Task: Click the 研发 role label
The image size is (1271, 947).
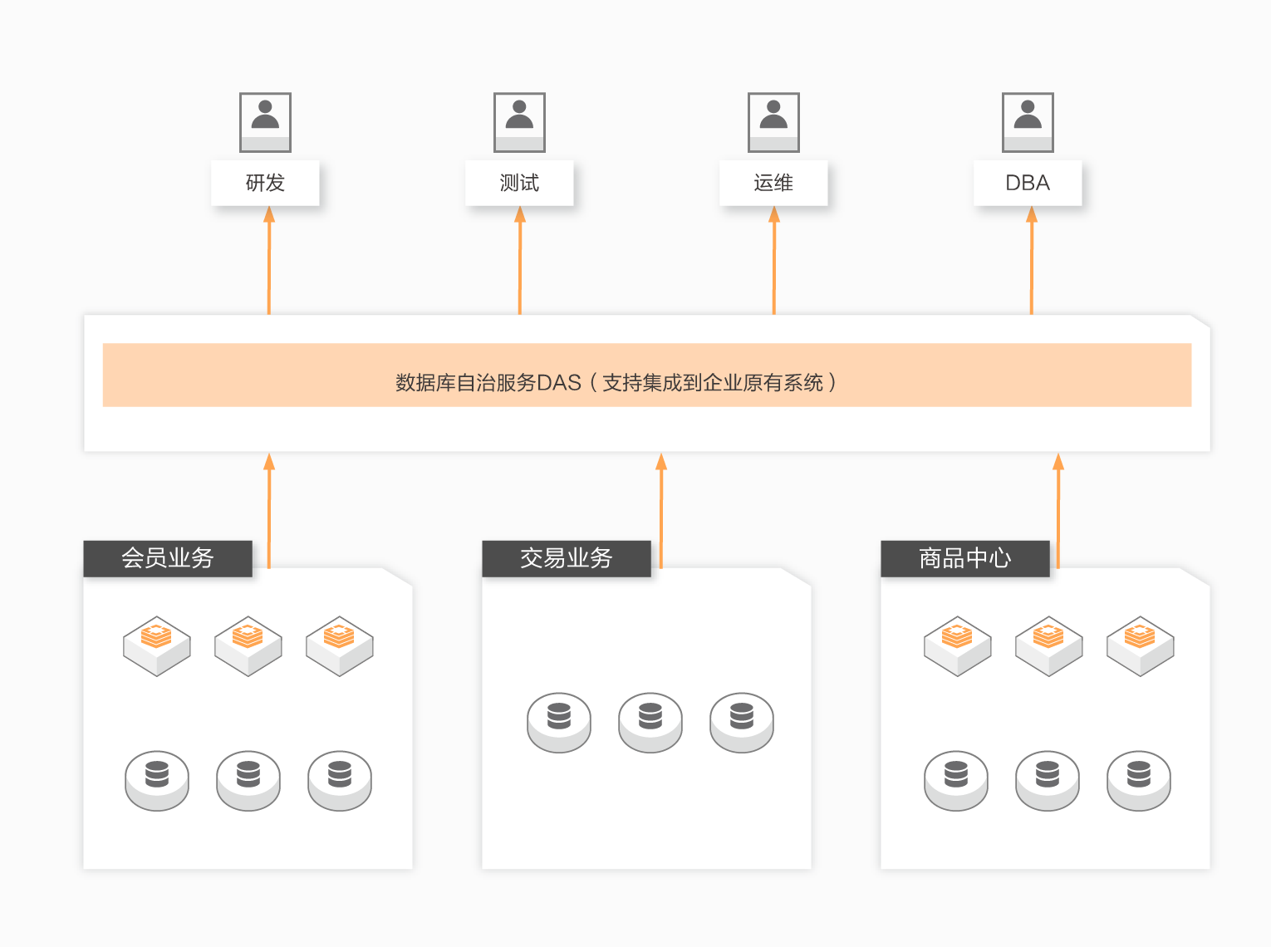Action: [x=265, y=183]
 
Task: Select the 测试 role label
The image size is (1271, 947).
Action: [x=519, y=183]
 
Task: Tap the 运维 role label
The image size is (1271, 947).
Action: [x=773, y=183]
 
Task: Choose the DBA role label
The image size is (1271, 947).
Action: [x=1028, y=183]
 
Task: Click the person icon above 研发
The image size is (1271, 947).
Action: [x=265, y=122]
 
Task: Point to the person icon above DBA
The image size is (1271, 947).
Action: [x=1028, y=122]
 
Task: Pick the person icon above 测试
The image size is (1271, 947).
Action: [x=519, y=122]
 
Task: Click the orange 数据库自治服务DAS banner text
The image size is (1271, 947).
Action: [x=615, y=382]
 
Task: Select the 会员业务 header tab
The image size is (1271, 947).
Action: [x=168, y=558]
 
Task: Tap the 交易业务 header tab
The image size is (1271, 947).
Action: [x=567, y=558]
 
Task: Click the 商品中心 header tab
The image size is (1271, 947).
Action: [x=965, y=558]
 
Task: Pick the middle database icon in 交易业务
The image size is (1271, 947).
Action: [x=650, y=721]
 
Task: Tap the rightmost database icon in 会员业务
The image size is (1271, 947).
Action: [x=340, y=779]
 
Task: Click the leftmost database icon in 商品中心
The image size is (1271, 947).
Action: [x=956, y=779]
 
